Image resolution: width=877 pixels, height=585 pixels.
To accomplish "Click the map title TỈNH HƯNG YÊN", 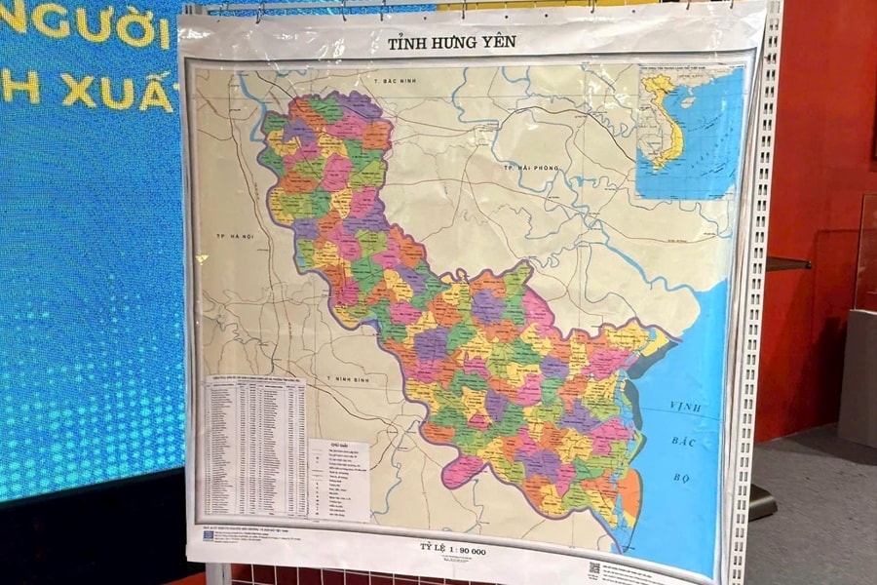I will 451,42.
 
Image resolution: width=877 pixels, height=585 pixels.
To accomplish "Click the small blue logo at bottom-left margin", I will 209,535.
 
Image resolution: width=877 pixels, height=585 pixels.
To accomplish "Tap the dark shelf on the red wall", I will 787,263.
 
